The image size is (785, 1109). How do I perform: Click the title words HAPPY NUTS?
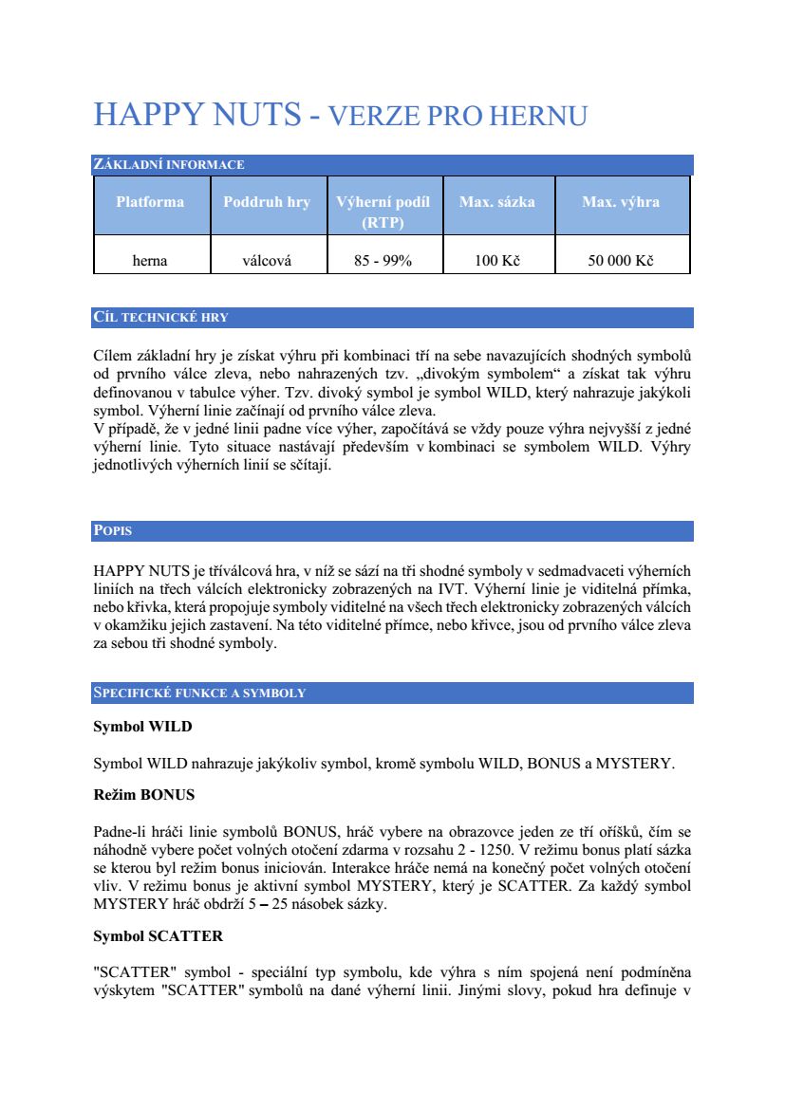(197, 116)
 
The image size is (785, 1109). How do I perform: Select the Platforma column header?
(150, 202)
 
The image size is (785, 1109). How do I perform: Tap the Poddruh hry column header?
(267, 202)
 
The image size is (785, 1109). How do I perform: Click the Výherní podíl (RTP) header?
(383, 212)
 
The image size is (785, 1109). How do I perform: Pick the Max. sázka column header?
(497, 202)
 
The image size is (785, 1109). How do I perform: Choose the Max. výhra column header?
(621, 202)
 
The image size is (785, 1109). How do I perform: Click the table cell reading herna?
(150, 261)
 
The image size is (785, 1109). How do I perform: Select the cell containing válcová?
(267, 261)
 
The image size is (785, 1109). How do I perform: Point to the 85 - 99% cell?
(383, 261)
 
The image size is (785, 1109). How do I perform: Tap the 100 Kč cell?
(497, 261)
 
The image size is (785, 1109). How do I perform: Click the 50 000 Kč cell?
(621, 261)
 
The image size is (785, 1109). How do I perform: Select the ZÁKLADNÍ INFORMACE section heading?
(169, 165)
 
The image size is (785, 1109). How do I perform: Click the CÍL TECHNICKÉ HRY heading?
(161, 317)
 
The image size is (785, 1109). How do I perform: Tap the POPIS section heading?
(113, 530)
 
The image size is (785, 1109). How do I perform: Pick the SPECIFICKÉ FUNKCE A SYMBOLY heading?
(199, 693)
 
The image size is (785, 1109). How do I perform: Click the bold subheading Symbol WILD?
(142, 728)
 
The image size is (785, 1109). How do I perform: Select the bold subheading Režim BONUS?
(143, 794)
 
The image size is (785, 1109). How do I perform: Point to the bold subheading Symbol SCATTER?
(158, 936)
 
